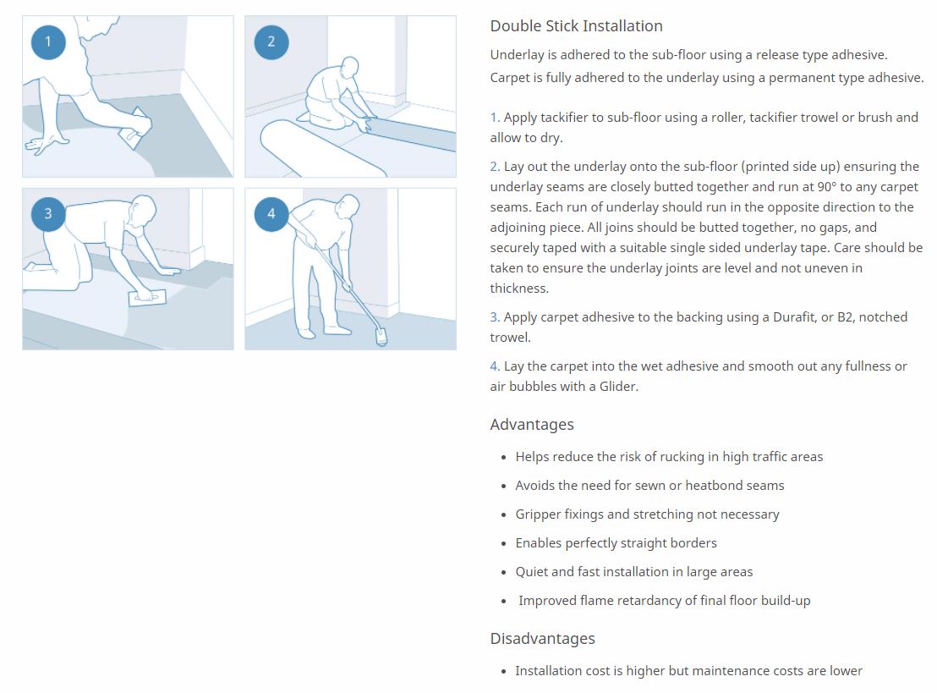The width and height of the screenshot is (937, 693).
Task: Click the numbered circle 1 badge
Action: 48,41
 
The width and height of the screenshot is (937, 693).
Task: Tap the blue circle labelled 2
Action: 271,41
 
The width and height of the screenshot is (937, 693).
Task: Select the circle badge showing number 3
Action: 48,213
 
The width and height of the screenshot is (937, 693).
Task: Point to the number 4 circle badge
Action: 271,213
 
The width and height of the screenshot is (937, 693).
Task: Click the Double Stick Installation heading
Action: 576,26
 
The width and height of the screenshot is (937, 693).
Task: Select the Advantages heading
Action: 532,425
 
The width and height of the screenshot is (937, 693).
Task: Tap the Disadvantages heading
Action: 543,639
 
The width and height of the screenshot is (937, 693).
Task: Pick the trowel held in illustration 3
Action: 147,297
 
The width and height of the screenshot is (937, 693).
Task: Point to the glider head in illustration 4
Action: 381,337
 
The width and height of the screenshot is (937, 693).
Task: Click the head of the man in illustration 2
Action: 350,67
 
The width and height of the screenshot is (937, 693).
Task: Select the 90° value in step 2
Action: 826,186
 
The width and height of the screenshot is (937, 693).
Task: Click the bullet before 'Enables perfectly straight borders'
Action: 504,544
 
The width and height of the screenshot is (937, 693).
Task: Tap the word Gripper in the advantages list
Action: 537,514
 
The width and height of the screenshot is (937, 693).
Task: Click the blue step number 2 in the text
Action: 495,166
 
